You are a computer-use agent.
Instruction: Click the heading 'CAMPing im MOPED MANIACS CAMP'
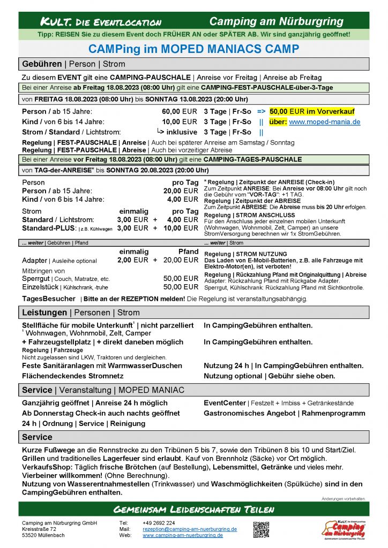pos(194,49)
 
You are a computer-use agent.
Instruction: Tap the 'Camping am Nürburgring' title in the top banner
pos(276,21)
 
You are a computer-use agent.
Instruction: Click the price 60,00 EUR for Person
pos(180,111)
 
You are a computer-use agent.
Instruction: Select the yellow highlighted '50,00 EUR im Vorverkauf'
pos(312,111)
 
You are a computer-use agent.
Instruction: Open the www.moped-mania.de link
pos(324,121)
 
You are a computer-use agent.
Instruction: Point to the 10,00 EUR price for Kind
pos(180,121)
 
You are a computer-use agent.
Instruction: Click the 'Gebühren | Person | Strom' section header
pos(73,64)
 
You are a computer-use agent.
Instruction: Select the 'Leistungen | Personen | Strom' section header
pos(80,312)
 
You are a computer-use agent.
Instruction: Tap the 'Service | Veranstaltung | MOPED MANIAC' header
pos(102,390)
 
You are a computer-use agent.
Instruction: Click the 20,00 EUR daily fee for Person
pos(181,191)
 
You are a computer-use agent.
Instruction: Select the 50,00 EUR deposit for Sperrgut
pos(181,278)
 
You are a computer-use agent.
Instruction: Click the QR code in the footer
pos(260,529)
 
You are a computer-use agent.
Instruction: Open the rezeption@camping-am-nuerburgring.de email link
pos(190,529)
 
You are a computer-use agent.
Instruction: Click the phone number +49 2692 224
pos(159,523)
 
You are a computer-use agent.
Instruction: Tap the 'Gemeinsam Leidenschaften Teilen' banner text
pos(194,508)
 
